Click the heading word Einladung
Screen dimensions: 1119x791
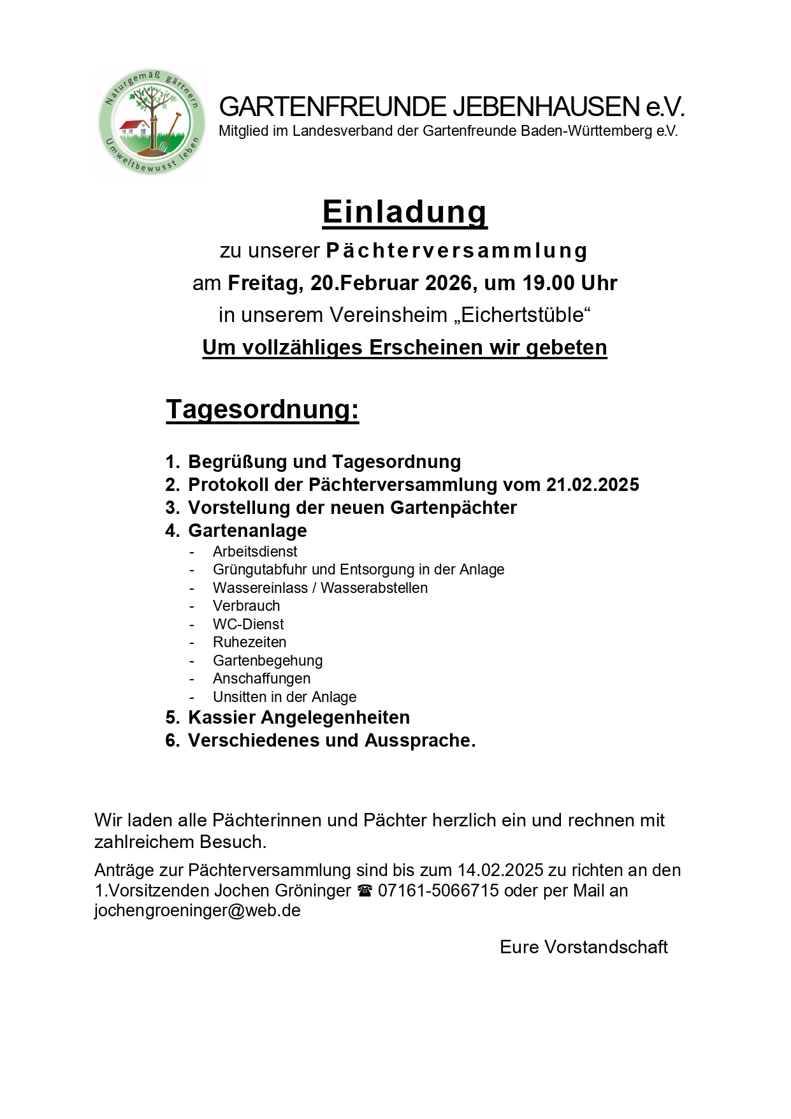[405, 212]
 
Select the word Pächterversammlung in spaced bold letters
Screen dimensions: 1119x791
[456, 251]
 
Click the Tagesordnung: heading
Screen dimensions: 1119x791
[262, 409]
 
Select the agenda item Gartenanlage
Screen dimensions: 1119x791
[247, 530]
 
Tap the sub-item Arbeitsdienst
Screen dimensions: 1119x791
[255, 552]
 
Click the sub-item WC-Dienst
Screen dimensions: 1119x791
[248, 624]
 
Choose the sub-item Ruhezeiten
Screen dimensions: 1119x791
[249, 642]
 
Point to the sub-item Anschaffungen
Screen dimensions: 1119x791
[261, 678]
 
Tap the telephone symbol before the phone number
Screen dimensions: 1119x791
[364, 891]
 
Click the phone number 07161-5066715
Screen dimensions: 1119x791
[438, 890]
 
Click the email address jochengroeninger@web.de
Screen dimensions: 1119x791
[198, 910]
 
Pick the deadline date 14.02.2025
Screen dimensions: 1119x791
[500, 870]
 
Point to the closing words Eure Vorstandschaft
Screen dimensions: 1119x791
[583, 947]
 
